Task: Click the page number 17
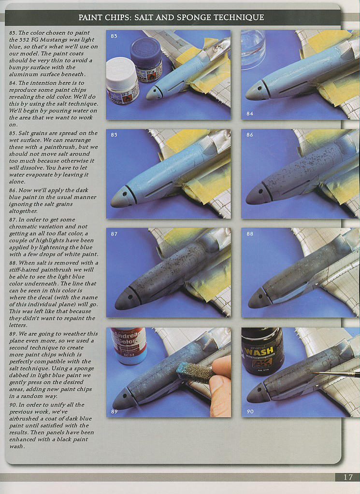pos(348,477)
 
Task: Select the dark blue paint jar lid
pos(145,50)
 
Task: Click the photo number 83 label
pos(114,36)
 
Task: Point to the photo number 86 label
pos(250,135)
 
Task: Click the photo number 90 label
pos(250,411)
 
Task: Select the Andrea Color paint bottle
pos(129,345)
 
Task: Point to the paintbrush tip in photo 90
pos(314,373)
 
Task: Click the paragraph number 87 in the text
pos(13,220)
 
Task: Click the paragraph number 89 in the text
pos(13,334)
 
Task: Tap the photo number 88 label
pos(250,234)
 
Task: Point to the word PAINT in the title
pos(88,17)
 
